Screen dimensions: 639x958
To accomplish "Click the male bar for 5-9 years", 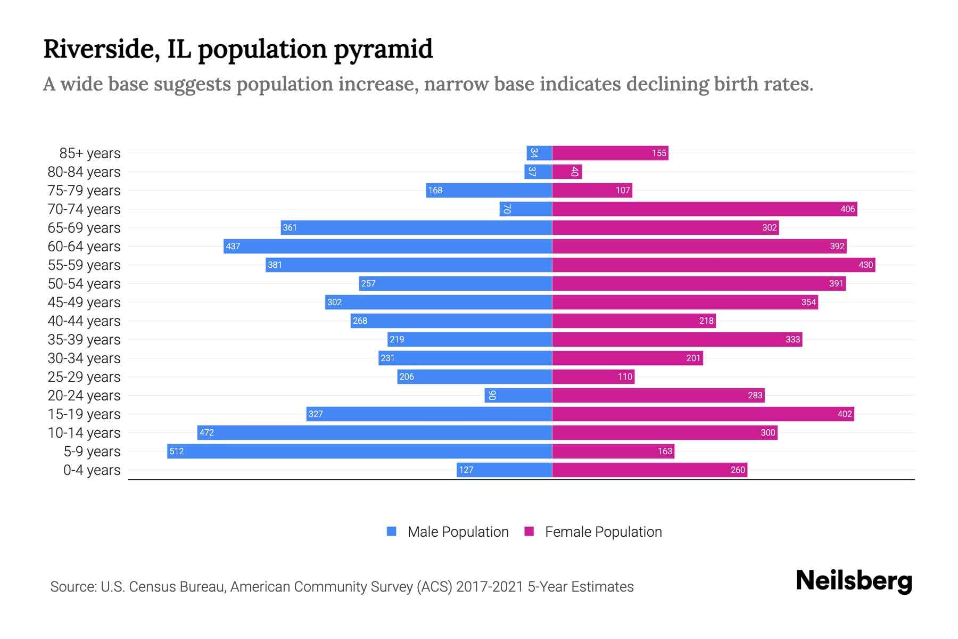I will point(359,451).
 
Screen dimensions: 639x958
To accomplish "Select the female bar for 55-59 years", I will point(713,265).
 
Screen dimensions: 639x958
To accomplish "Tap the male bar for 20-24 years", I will point(518,395).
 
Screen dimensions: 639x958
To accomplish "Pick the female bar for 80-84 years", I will point(567,171).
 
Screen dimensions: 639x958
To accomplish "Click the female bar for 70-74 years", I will point(704,209).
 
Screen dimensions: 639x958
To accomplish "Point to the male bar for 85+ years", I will point(539,153).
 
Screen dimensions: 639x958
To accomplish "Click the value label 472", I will point(207,432).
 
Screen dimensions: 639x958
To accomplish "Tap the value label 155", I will point(659,153).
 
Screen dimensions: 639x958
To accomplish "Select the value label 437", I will point(233,246).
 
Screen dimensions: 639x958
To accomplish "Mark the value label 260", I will point(738,470).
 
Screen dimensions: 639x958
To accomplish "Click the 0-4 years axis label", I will point(92,470).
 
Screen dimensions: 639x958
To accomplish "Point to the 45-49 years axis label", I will point(84,302).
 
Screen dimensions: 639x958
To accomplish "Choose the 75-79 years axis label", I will point(84,190).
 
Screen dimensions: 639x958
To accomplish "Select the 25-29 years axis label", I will point(84,376).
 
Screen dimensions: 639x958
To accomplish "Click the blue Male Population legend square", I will point(392,531).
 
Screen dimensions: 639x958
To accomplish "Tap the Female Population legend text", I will point(603,531).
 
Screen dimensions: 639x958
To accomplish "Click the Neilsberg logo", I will point(854,580).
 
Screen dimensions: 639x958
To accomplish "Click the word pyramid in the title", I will point(383,50).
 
